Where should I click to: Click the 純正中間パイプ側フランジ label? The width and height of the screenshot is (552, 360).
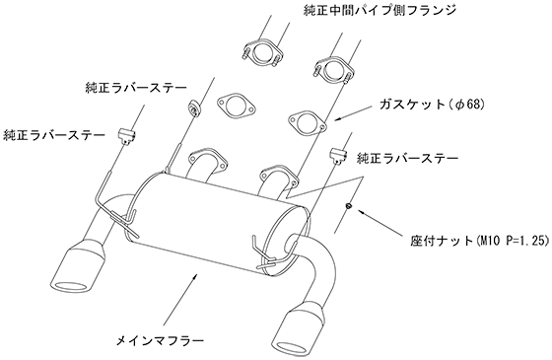(x=379, y=10)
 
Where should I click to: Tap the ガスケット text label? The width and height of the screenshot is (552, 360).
(x=412, y=105)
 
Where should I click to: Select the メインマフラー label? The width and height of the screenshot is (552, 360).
(x=160, y=340)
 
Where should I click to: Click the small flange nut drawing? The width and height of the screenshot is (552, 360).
(x=348, y=205)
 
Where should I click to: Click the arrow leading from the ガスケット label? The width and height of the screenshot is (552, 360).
(x=355, y=112)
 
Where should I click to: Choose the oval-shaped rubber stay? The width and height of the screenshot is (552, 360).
(x=194, y=108)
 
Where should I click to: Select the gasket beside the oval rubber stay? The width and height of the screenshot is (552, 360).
(x=236, y=105)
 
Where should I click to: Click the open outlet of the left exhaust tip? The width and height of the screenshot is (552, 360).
(x=73, y=288)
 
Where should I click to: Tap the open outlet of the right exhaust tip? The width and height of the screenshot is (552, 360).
(x=294, y=349)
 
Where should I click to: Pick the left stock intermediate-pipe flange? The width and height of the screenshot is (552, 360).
(x=262, y=53)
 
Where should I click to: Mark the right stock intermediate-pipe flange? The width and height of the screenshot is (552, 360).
(x=333, y=69)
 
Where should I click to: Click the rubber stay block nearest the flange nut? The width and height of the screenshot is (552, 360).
(x=338, y=156)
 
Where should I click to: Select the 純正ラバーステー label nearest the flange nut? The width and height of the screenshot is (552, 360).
(x=408, y=158)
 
